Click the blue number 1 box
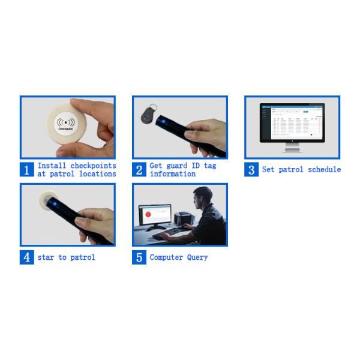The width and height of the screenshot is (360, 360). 26,170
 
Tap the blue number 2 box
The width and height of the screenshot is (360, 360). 139,170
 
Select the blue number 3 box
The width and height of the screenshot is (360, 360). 251,170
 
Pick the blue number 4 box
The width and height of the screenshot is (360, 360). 26,257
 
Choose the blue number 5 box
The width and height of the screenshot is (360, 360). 139,257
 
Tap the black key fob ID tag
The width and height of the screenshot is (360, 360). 146,113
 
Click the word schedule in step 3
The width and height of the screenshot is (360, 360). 324,170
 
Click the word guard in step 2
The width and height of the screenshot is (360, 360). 179,166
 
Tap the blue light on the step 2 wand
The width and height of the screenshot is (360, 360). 162,123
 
